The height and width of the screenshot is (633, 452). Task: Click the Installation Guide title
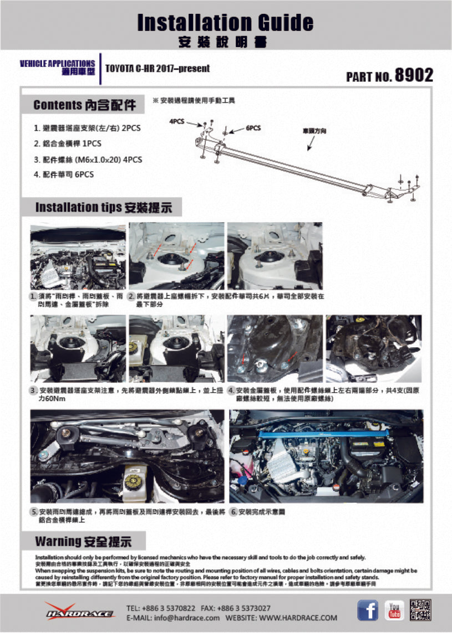pyautogui.click(x=225, y=23)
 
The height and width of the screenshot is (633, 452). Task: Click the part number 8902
pyautogui.click(x=413, y=75)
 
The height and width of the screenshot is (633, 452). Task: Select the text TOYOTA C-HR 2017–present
pyautogui.click(x=158, y=69)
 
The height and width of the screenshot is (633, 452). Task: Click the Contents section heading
pyautogui.click(x=84, y=105)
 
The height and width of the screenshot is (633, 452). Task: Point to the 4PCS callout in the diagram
pyautogui.click(x=177, y=121)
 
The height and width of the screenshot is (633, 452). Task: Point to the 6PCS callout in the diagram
pyautogui.click(x=253, y=127)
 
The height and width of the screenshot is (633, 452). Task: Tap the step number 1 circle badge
pyautogui.click(x=34, y=297)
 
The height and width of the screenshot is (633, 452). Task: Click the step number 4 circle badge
pyautogui.click(x=231, y=391)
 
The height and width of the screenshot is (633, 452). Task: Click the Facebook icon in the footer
pyautogui.click(x=367, y=610)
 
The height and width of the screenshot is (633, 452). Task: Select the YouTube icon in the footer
pyautogui.click(x=394, y=610)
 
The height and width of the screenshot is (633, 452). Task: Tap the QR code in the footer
pyautogui.click(x=420, y=610)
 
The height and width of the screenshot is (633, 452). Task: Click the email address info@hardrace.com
pyautogui.click(x=174, y=617)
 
